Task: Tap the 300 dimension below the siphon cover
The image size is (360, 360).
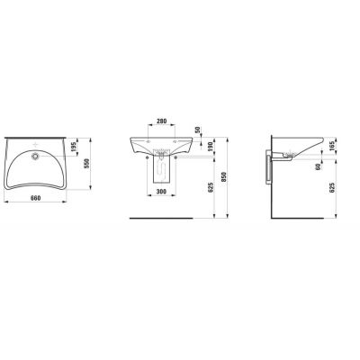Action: (x=161, y=193)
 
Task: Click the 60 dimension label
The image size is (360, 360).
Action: (x=320, y=165)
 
